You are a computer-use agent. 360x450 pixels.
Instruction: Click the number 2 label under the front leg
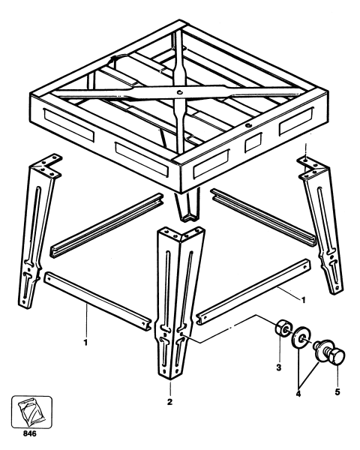(170, 401)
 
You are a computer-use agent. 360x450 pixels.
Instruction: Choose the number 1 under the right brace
(281, 300)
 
